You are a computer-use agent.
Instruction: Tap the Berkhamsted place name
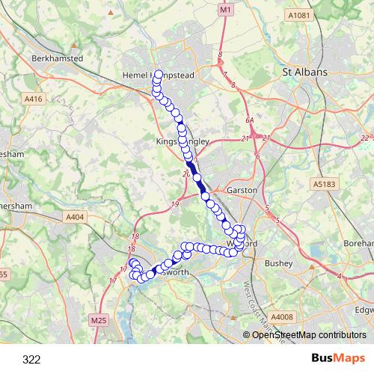point(56,57)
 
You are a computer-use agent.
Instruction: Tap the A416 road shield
point(34,98)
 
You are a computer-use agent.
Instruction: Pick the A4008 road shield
point(283,317)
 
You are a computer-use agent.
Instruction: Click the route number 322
point(31,360)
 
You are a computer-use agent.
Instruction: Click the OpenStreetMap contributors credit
point(308,335)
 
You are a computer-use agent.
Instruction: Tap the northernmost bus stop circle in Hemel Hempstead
point(159,64)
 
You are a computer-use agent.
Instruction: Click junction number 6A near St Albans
point(250,120)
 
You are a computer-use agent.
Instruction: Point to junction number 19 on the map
point(175,204)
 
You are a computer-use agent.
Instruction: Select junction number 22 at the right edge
point(364,138)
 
